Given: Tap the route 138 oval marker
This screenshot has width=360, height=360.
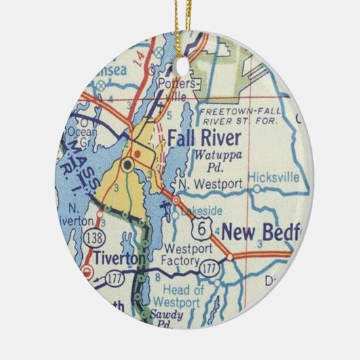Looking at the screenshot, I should pyautogui.click(x=94, y=236).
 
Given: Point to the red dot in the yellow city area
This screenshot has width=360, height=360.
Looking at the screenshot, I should pyautogui.click(x=137, y=153).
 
